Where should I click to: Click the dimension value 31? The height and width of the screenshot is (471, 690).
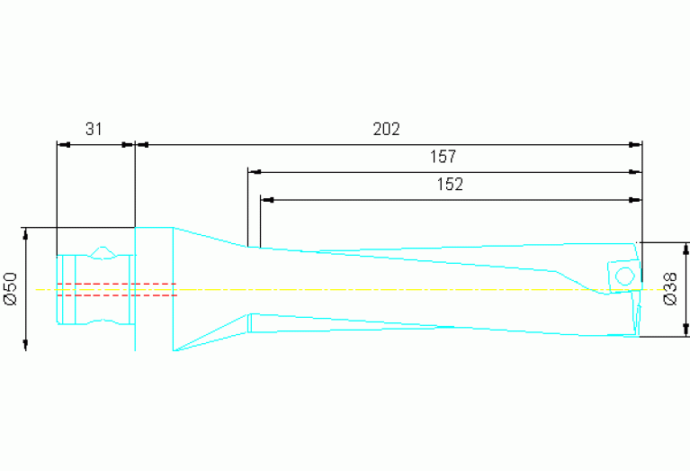[x=94, y=129]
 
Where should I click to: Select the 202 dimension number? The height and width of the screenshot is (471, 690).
[x=386, y=129]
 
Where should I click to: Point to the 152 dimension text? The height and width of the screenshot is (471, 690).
[x=449, y=185]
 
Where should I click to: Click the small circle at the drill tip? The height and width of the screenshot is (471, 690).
[x=622, y=275]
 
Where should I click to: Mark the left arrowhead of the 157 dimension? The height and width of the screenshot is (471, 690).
[x=253, y=171]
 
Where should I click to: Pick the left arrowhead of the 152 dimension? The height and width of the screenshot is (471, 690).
[x=265, y=199]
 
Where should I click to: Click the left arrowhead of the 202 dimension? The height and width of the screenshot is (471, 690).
[x=140, y=143]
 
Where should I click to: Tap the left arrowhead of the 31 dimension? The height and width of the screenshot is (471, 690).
[x=62, y=143]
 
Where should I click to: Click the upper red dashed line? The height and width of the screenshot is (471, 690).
[x=117, y=284]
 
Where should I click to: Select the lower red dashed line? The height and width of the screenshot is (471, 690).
[x=117, y=294]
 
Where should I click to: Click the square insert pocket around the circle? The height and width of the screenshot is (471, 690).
[x=623, y=275]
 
